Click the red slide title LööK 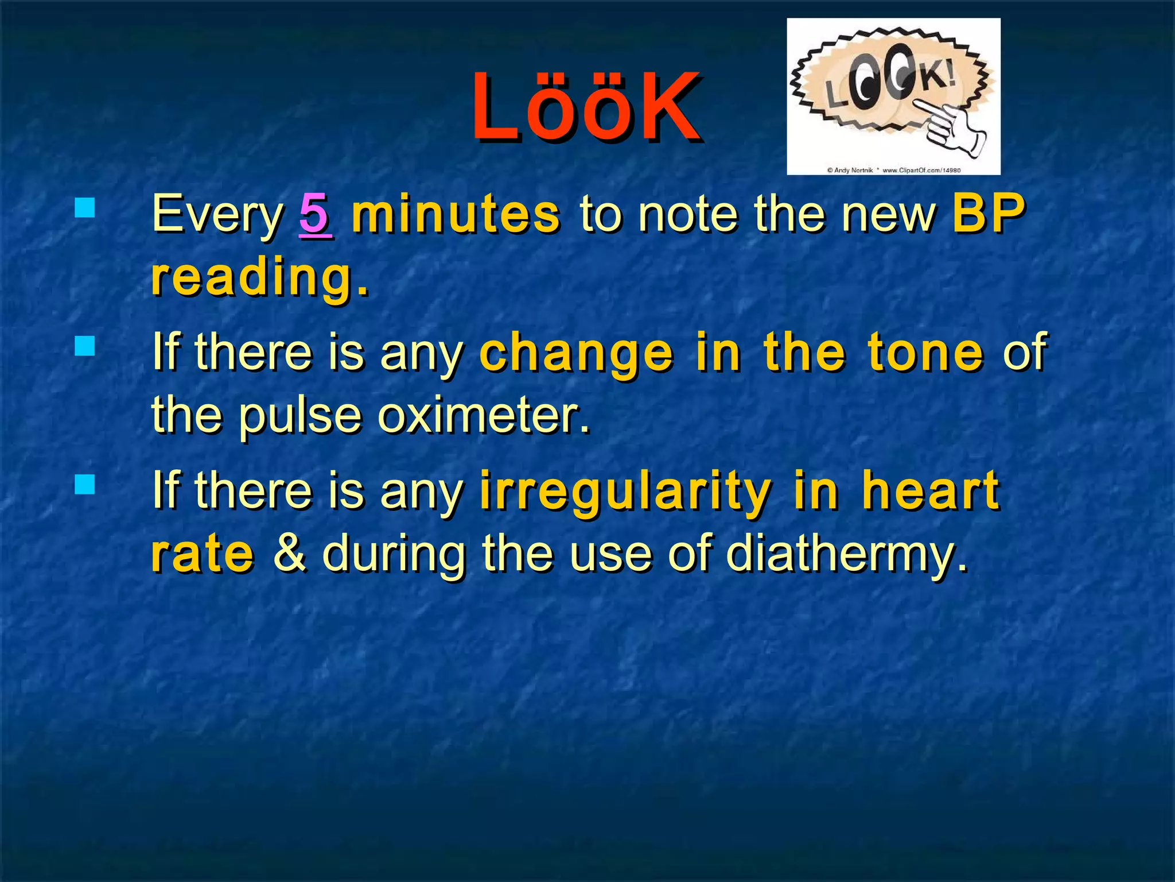pos(586,107)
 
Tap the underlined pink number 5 pos(315,214)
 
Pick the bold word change pos(576,353)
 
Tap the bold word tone pos(925,352)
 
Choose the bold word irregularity pos(625,491)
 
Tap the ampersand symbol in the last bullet pos(290,552)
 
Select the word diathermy pos(846,555)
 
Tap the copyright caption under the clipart pos(893,170)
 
